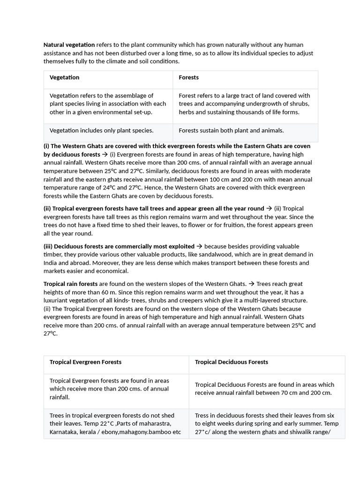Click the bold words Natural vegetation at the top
click(x=69, y=45)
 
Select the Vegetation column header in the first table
click(x=64, y=77)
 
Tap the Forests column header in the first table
click(x=188, y=77)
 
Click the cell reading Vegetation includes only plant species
click(x=101, y=131)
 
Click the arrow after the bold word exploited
click(x=199, y=247)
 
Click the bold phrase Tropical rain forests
click(x=70, y=284)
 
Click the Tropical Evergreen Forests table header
click(x=85, y=362)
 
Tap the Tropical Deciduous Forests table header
click(x=231, y=362)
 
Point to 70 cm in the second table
click(x=280, y=393)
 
